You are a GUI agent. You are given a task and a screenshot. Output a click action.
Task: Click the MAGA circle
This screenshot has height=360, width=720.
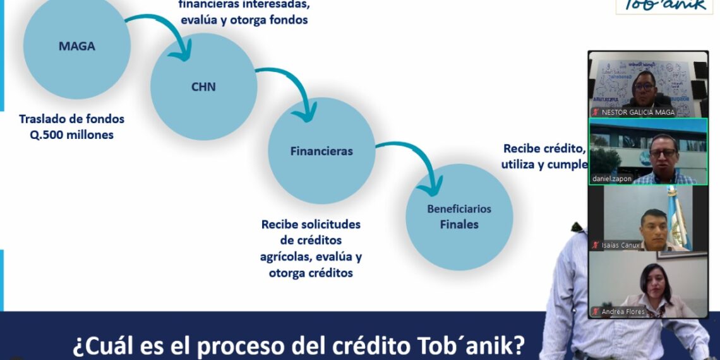pos(76,45)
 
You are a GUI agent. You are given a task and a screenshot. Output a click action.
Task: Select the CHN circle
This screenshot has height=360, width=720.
pos(203,87)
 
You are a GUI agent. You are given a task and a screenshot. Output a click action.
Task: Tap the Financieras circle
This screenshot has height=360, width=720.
pos(321,151)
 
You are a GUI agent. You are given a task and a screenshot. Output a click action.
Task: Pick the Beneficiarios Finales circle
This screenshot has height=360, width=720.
pos(459,217)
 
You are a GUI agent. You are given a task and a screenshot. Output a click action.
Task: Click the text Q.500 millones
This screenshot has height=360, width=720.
pos(71,135)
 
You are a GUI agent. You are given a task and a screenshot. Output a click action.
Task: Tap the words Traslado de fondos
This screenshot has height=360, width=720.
pos(71,119)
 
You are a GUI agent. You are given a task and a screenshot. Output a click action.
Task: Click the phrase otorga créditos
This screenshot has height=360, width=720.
pos(311,273)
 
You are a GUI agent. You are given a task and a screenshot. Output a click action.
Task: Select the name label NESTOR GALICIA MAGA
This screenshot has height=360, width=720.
pos(638,112)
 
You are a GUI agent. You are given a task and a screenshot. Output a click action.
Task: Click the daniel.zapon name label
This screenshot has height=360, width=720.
pos(611,179)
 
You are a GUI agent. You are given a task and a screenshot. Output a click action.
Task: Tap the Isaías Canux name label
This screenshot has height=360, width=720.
pos(620,245)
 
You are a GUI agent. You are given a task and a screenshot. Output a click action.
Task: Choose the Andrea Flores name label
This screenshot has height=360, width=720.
pos(623,311)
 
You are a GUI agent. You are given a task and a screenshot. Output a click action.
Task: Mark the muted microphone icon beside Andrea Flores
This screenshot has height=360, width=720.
pos(595,311)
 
